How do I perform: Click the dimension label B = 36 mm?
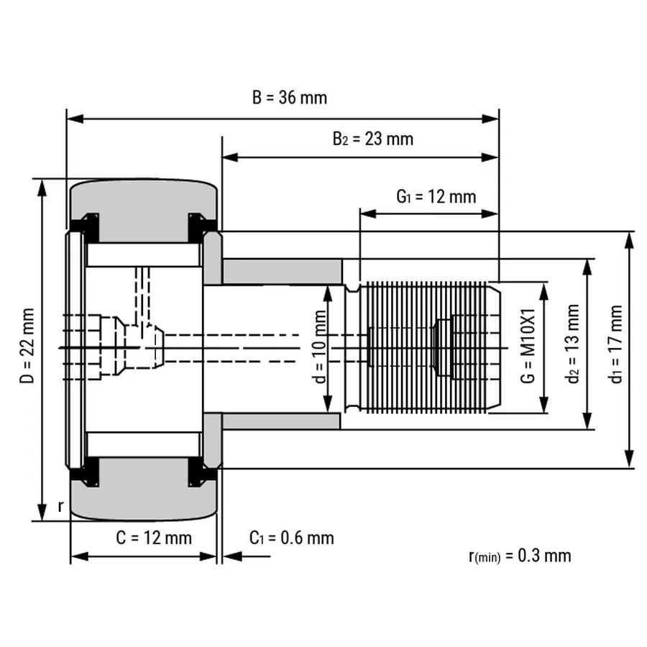pos(290,98)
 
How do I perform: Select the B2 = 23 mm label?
pos(372,139)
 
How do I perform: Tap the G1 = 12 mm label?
pos(436,196)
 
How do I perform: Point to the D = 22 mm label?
pos(27,345)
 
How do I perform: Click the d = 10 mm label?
pos(321,347)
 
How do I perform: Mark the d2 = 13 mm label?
pos(573,344)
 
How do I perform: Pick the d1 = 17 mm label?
pos(616,344)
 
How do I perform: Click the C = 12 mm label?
pos(154,538)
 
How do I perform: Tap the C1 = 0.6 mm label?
pos(292,538)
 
